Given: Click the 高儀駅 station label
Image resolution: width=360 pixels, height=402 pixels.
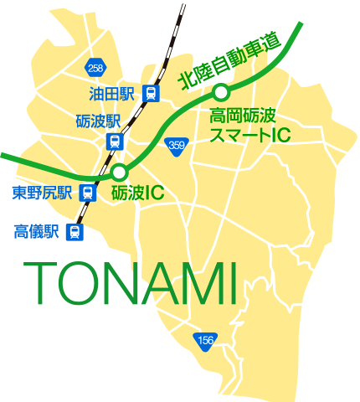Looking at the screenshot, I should [37, 231].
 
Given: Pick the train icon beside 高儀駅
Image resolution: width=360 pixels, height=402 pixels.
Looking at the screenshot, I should [75, 232].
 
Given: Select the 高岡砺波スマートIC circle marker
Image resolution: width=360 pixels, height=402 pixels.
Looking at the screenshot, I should [221, 93].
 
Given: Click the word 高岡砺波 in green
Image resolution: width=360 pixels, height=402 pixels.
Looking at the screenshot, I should [242, 116].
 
